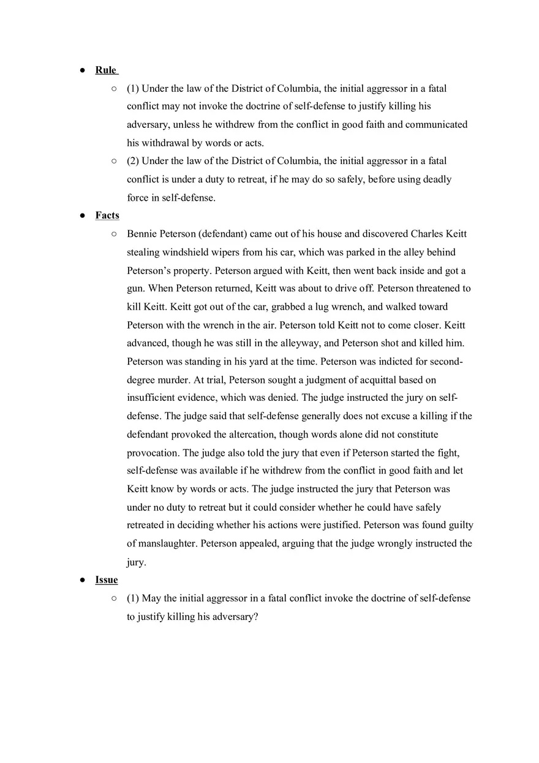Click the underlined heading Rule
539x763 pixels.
(x=106, y=70)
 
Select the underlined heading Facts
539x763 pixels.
(x=107, y=215)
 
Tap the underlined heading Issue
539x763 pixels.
(x=107, y=579)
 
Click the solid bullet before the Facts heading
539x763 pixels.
(x=82, y=215)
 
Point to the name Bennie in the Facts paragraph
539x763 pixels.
(x=143, y=234)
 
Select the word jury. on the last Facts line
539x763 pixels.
(x=137, y=562)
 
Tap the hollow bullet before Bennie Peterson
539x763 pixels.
(x=114, y=234)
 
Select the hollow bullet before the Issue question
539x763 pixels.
(x=114, y=598)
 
